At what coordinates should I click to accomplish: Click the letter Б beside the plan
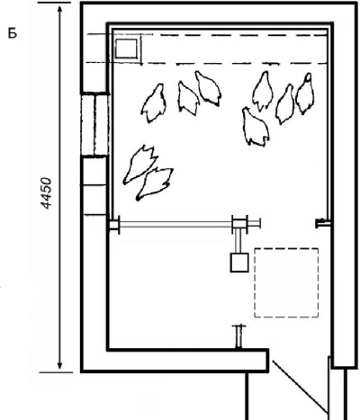(13, 33)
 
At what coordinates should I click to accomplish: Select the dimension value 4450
(47, 193)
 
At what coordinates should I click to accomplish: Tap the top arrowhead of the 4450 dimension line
(60, 10)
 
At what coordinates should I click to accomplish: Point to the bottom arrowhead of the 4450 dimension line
(60, 365)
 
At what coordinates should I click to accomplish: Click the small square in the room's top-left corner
(126, 49)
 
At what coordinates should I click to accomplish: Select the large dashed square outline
(286, 282)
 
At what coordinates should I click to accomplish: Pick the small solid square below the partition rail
(239, 263)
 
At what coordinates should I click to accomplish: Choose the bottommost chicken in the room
(155, 183)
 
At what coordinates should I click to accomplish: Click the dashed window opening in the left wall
(94, 124)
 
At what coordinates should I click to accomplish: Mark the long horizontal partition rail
(176, 224)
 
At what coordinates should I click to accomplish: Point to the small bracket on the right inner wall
(323, 223)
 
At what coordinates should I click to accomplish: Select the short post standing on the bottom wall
(238, 337)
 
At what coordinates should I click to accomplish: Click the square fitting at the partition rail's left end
(114, 224)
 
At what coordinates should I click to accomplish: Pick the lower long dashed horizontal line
(206, 63)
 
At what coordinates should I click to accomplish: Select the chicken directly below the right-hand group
(255, 127)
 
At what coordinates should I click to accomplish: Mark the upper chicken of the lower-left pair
(140, 164)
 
